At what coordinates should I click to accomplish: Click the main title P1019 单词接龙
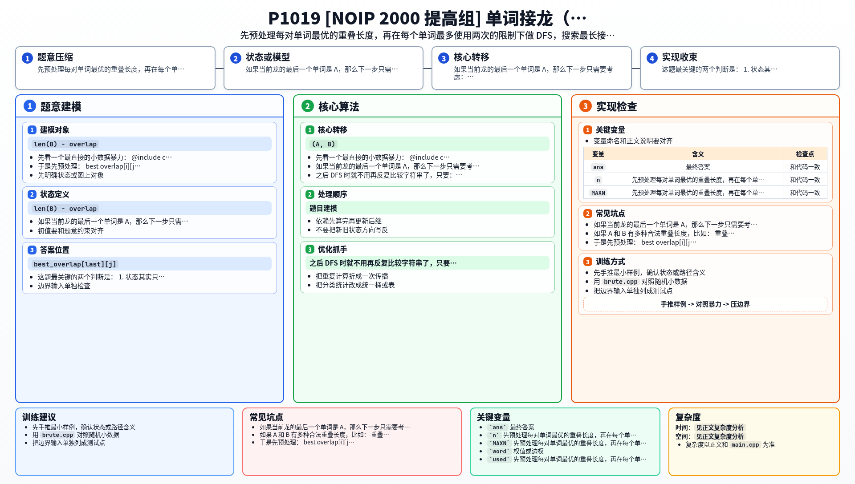[x=427, y=18]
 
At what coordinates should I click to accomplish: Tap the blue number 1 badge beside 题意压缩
[x=27, y=58]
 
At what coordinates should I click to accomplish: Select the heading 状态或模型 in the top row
[x=268, y=57]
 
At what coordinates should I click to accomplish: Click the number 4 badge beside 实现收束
[x=652, y=58]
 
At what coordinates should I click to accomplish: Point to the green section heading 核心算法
[x=338, y=107]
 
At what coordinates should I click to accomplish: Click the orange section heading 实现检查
[x=616, y=107]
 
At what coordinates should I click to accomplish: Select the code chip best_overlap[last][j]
[x=75, y=264]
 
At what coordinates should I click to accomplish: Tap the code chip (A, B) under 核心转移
[x=323, y=144]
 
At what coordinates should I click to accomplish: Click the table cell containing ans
[x=598, y=167]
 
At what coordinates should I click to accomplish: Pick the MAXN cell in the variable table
[x=598, y=193]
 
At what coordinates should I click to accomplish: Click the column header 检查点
[x=805, y=154]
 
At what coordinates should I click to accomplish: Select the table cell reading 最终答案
[x=698, y=167]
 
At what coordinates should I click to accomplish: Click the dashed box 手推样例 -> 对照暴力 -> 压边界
[x=705, y=304]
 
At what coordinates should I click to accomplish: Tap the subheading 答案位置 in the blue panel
[x=55, y=250]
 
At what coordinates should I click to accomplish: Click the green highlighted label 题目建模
[x=323, y=208]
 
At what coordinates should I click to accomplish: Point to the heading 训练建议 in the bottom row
[x=39, y=417]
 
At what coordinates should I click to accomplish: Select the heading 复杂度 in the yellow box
[x=688, y=417]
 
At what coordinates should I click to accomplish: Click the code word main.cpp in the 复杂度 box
[x=745, y=445]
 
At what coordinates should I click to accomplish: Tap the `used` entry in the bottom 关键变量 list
[x=499, y=460]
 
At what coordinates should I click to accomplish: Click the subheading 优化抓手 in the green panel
[x=333, y=250]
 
